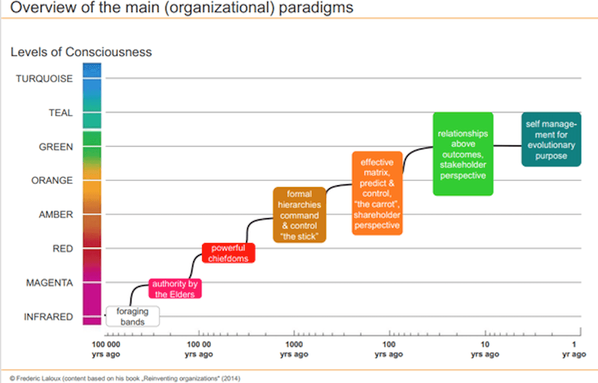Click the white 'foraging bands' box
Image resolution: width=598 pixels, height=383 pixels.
tap(133, 316)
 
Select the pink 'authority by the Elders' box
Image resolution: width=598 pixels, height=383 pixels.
tap(175, 288)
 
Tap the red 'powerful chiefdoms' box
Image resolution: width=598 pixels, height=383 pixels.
tap(228, 253)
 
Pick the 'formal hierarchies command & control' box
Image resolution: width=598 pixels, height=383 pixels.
tap(299, 215)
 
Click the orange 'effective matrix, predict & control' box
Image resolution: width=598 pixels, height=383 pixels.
tap(376, 194)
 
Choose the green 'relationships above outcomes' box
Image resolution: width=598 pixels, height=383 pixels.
tap(463, 154)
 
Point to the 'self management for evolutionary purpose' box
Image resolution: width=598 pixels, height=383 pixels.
tap(551, 139)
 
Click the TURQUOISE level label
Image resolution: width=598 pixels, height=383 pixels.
tap(44, 79)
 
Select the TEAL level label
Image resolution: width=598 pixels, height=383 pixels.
tap(60, 113)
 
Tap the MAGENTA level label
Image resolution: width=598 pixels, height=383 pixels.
tap(49, 283)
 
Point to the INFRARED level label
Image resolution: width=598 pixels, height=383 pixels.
tap(48, 317)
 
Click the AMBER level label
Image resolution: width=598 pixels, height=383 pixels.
tap(56, 214)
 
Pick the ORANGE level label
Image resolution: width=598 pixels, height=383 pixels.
tap(52, 180)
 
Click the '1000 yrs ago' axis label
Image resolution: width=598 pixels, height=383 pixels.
tap(294, 350)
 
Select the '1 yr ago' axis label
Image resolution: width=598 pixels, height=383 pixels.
tap(574, 350)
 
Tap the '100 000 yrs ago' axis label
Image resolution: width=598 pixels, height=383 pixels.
tap(106, 350)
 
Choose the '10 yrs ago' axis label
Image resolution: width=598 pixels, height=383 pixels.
tap(485, 350)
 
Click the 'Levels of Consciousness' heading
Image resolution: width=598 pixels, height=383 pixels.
tap(81, 52)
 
